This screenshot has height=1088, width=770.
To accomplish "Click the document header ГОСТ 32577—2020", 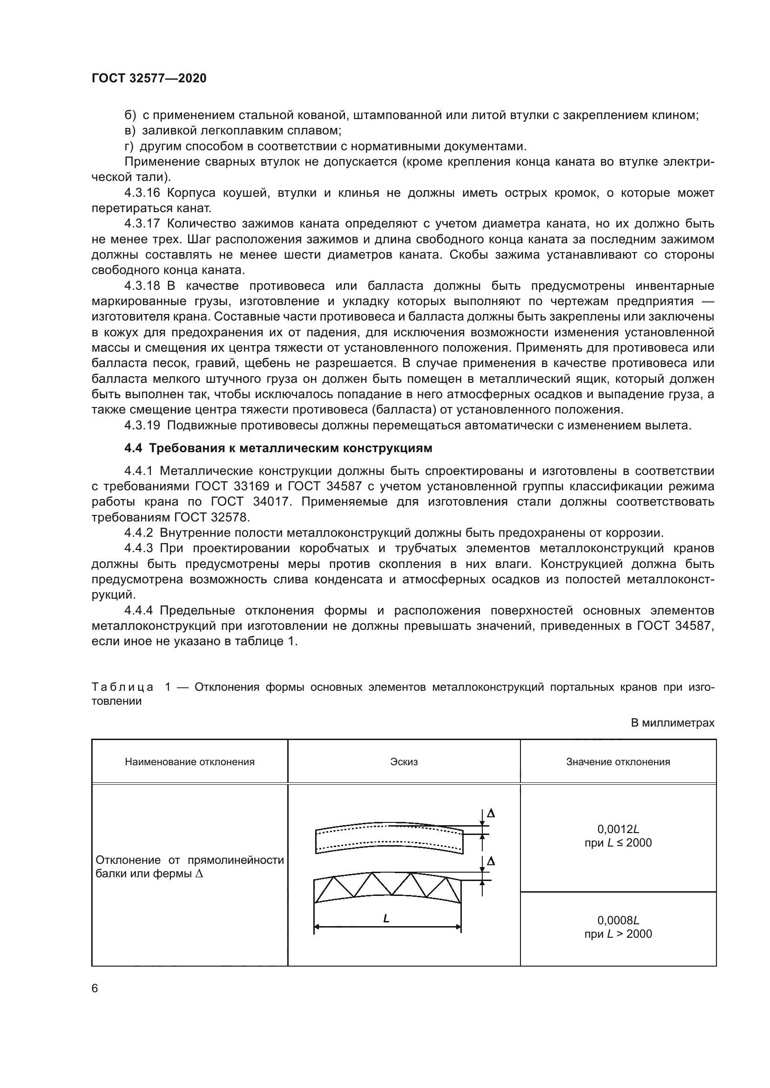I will tap(149, 79).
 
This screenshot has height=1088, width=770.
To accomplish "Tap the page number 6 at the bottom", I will tap(95, 988).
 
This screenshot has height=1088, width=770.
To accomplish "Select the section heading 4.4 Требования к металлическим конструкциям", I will tap(278, 448).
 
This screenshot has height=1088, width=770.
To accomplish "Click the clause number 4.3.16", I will tap(142, 193).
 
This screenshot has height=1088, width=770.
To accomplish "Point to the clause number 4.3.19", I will tap(142, 425).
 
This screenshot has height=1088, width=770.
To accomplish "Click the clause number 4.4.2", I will tap(138, 533).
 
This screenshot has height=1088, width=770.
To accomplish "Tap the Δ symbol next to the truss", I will tap(491, 861).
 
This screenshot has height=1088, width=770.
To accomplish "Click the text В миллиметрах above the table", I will tap(672, 723).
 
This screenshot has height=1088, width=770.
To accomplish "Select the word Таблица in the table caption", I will tap(122, 687).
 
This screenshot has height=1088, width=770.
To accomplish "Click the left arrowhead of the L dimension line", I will tap(317, 927).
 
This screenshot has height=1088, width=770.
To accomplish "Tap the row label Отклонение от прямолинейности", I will tap(189, 860).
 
